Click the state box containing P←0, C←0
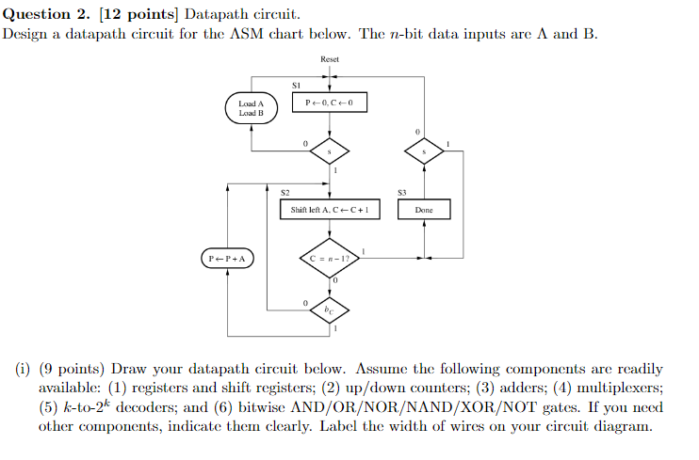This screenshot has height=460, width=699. [330, 102]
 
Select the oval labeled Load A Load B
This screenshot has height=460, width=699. [251, 108]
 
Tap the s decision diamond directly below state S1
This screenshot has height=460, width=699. [330, 151]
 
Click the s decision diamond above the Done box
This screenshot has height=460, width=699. [424, 151]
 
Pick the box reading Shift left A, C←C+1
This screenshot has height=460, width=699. [330, 210]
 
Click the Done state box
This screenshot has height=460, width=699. [424, 210]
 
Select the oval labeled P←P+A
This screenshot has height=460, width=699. [228, 258]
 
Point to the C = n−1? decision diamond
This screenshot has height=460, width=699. [329, 258]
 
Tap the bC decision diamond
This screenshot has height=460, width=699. [329, 308]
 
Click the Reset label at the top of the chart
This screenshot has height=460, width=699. [330, 59]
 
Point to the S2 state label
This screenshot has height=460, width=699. [284, 192]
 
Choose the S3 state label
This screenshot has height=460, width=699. [402, 192]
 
